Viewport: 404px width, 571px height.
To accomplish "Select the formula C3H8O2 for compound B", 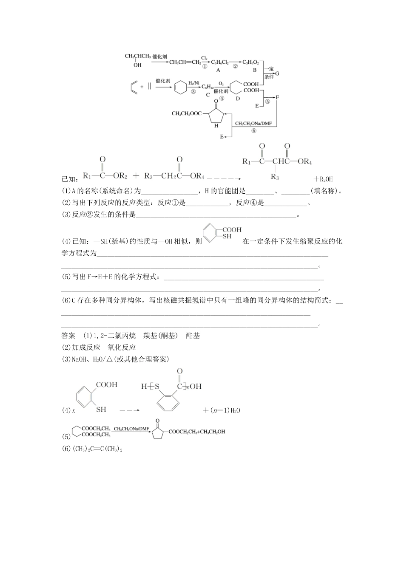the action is click(250, 62).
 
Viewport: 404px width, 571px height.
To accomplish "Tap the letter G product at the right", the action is click(277, 73).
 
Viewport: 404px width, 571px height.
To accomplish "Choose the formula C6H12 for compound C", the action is click(208, 86).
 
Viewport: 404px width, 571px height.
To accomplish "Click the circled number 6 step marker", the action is click(254, 130).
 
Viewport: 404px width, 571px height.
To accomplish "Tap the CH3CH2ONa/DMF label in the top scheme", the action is click(253, 124).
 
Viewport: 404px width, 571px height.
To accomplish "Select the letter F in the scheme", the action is click(277, 97).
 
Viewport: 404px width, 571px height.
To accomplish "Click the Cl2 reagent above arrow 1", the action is click(204, 58).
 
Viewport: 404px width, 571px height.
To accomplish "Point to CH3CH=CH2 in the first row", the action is click(185, 62).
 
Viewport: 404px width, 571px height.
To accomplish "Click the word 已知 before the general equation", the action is click(68, 179).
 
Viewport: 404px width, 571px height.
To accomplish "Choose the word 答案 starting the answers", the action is click(68, 336).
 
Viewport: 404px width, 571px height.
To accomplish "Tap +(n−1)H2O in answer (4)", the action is click(222, 410).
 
